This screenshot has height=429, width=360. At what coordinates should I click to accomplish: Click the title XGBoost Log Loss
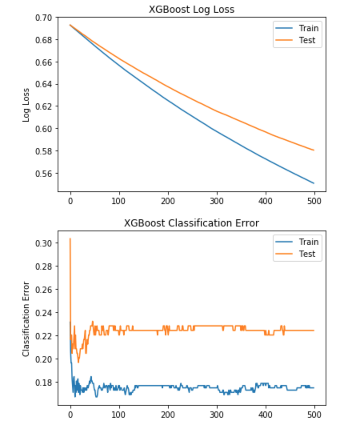(x=191, y=10)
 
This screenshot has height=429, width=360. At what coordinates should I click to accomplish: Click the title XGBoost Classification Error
(x=191, y=223)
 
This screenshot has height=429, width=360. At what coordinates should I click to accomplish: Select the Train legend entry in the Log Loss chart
(x=308, y=28)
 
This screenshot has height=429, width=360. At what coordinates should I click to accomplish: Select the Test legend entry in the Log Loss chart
(x=307, y=40)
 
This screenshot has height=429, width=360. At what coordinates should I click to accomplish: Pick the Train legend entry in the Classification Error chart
(x=308, y=242)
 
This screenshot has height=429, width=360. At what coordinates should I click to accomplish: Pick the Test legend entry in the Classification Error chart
(x=307, y=254)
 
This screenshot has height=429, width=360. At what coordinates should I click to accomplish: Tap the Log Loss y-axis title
(x=26, y=104)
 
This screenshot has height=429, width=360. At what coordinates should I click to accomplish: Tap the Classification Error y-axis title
(x=26, y=319)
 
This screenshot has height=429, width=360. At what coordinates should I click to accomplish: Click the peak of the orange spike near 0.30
(x=70, y=239)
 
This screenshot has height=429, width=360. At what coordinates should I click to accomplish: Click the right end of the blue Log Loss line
(x=314, y=183)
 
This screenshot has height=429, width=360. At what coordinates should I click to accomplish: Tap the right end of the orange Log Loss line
(x=314, y=150)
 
